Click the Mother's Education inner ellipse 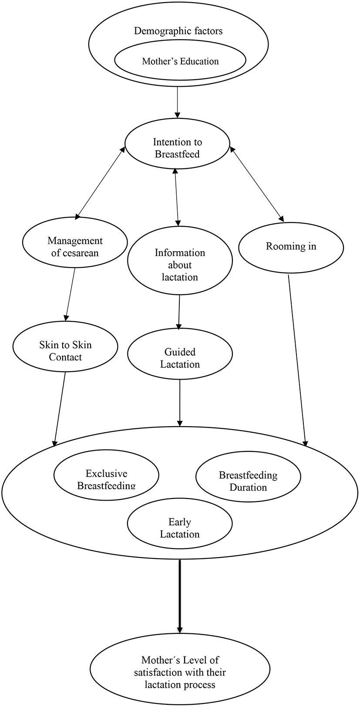[x=180, y=61]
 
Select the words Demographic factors [x=178, y=31]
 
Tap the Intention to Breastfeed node [x=177, y=148]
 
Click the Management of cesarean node [x=75, y=246]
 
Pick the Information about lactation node [x=180, y=265]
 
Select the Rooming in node [x=291, y=246]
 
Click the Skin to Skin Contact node [x=65, y=351]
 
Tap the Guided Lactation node [x=180, y=358]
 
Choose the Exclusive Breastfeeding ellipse [x=106, y=479]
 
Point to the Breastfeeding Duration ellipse [x=248, y=481]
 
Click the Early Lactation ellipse [x=180, y=528]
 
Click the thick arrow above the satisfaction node [x=179, y=596]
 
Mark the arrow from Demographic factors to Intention [x=178, y=102]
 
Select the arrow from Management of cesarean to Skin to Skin [x=70, y=294]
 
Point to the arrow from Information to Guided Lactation [x=179, y=311]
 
